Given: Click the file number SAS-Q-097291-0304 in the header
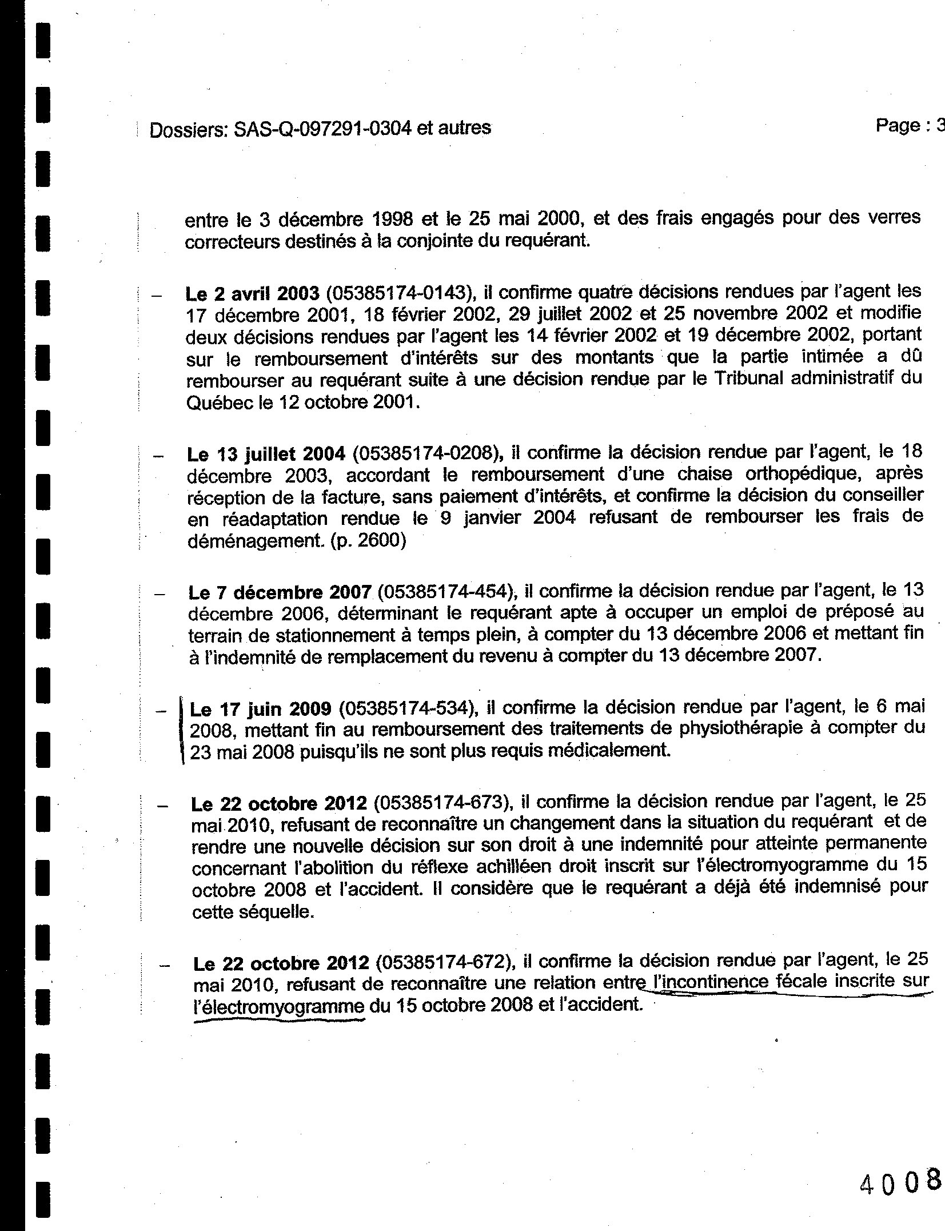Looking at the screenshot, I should (322, 129).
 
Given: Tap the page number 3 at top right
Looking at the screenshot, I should (939, 125).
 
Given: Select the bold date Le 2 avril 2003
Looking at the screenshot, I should (252, 294).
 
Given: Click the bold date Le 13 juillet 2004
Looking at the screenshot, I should (266, 455).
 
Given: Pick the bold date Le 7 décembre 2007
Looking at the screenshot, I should (280, 592).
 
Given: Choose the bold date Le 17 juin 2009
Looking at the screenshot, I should (260, 710).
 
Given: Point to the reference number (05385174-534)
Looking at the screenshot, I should (408, 709).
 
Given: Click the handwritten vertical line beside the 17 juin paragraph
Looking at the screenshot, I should (182, 730).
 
